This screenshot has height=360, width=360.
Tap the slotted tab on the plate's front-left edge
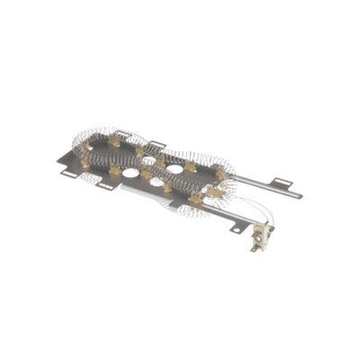coord(105,184)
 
